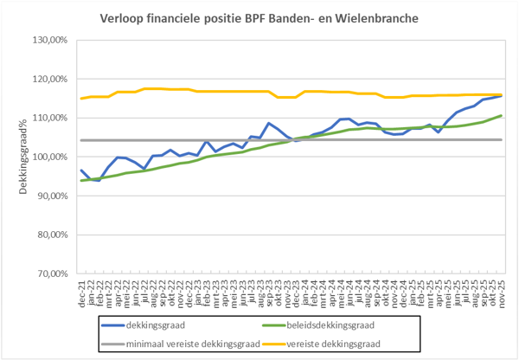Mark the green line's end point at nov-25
pyautogui.click(x=502, y=116)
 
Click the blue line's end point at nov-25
pyautogui.click(x=502, y=96)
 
